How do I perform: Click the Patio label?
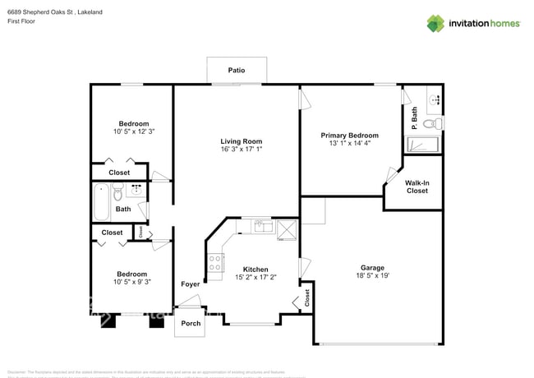237,71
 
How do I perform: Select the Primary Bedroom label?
350,135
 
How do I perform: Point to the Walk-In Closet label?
417,187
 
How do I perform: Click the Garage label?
372,267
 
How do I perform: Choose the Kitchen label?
255,269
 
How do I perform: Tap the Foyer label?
190,283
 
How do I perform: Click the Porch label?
191,323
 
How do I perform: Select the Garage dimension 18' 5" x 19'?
372,276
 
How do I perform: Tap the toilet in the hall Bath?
117,195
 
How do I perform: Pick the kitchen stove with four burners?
216,263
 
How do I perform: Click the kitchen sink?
262,224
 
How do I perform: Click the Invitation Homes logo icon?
435,23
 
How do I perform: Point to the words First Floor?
24,21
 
